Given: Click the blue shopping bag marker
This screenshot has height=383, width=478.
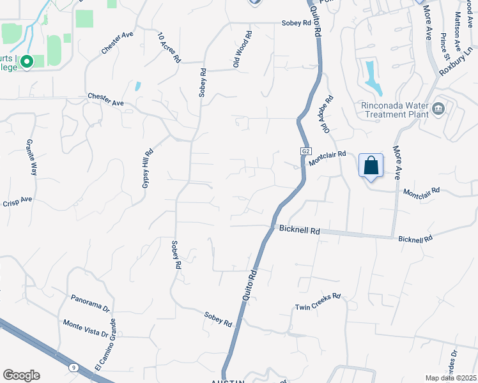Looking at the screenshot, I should tap(371, 166).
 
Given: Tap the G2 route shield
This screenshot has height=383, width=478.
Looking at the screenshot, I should tap(306, 151).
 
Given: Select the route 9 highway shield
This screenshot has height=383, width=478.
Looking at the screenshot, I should tap(73, 367).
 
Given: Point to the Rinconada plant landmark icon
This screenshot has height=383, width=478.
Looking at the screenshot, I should tap(438, 107).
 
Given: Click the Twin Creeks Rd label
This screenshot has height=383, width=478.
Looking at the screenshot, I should tap(318, 302).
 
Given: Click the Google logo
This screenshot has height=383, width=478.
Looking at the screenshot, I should tap(21, 375).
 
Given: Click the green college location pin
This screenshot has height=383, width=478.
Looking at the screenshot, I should tap(27, 62).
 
